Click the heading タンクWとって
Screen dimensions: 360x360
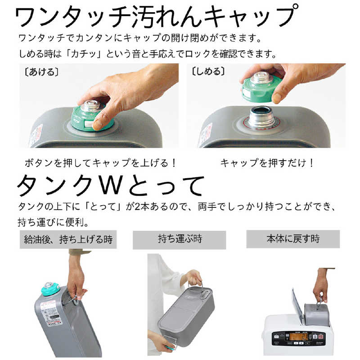coord(111,185)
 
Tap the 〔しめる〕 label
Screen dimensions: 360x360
coord(208,72)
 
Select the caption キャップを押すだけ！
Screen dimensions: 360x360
coord(267,163)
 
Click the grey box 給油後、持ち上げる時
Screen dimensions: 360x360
coord(68,239)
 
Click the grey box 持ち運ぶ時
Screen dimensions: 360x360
coord(179,239)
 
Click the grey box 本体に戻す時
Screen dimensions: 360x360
coord(292,238)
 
